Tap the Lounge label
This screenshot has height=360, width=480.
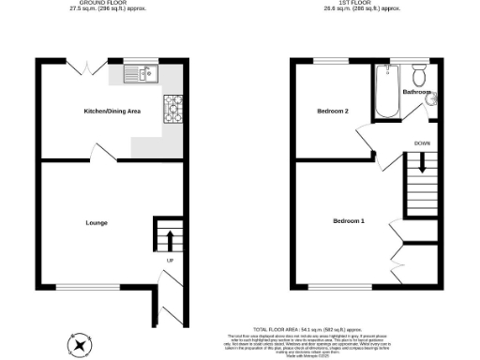[x=96, y=222]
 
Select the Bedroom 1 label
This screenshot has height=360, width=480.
[x=349, y=221]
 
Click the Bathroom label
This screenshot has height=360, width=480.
[x=417, y=93]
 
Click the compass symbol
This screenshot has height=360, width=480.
[x=82, y=344]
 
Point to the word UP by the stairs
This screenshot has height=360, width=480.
[x=170, y=260]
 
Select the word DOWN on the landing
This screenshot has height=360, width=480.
[x=423, y=143]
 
